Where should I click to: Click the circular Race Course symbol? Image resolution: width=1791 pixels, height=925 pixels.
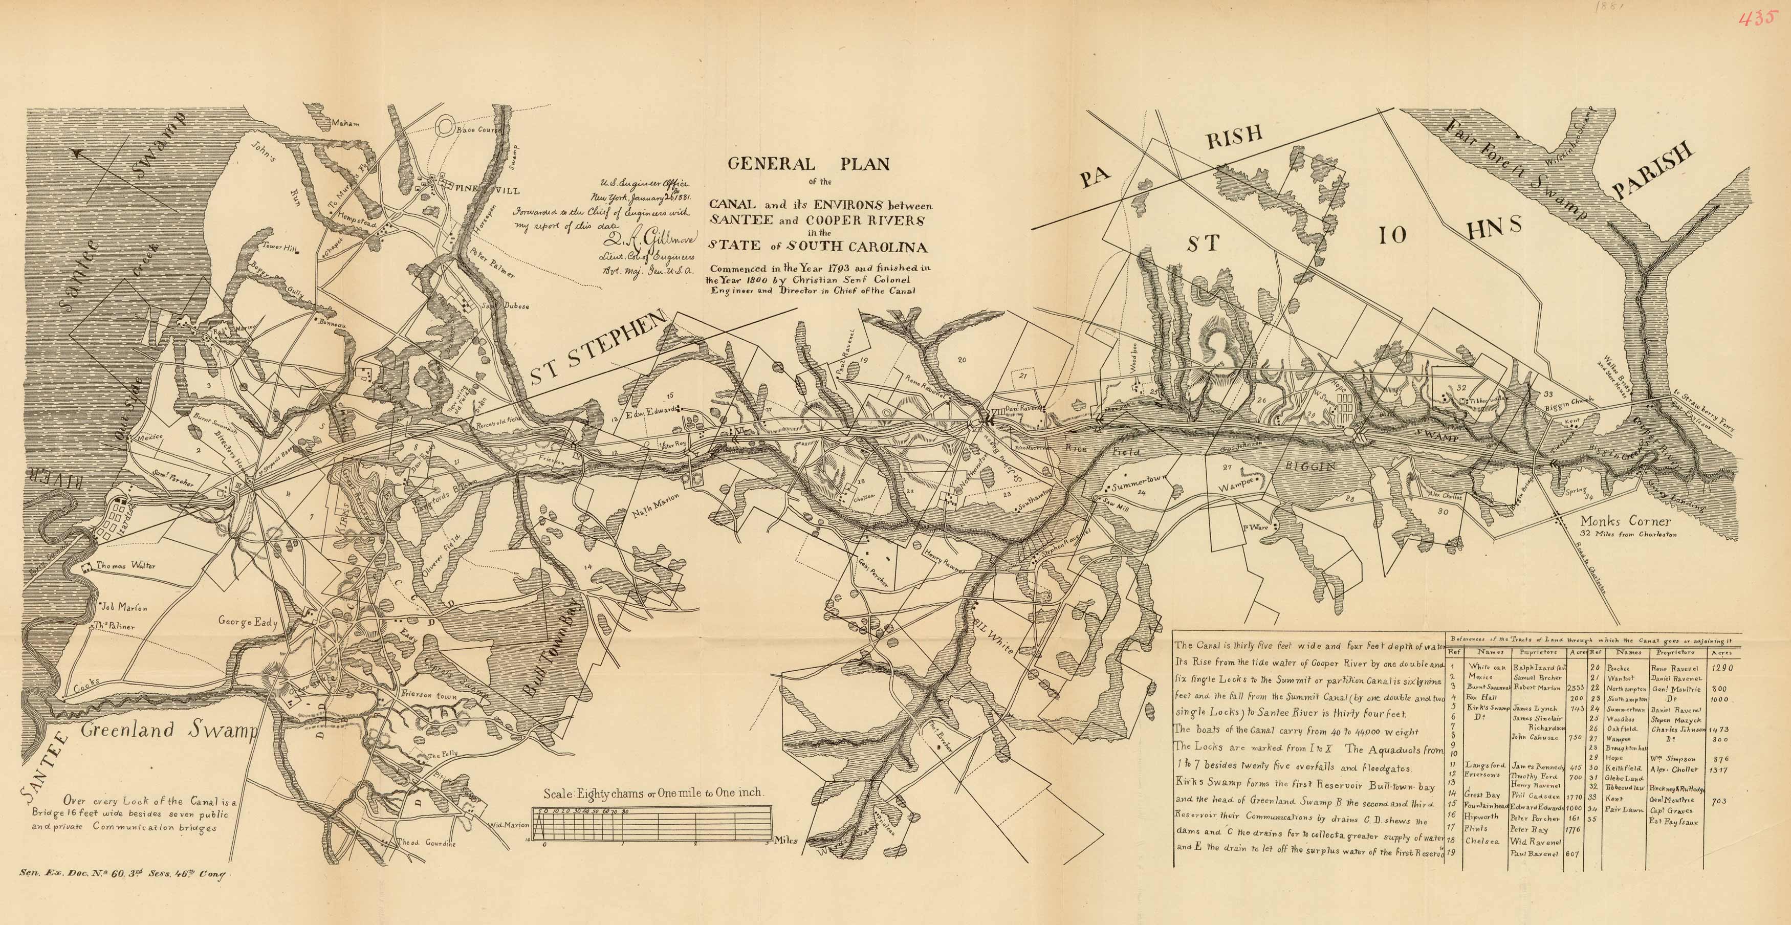pyautogui.click(x=444, y=128)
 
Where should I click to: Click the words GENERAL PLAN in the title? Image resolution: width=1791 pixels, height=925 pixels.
pyautogui.click(x=809, y=165)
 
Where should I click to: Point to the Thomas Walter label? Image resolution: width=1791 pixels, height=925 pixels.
pyautogui.click(x=126, y=566)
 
